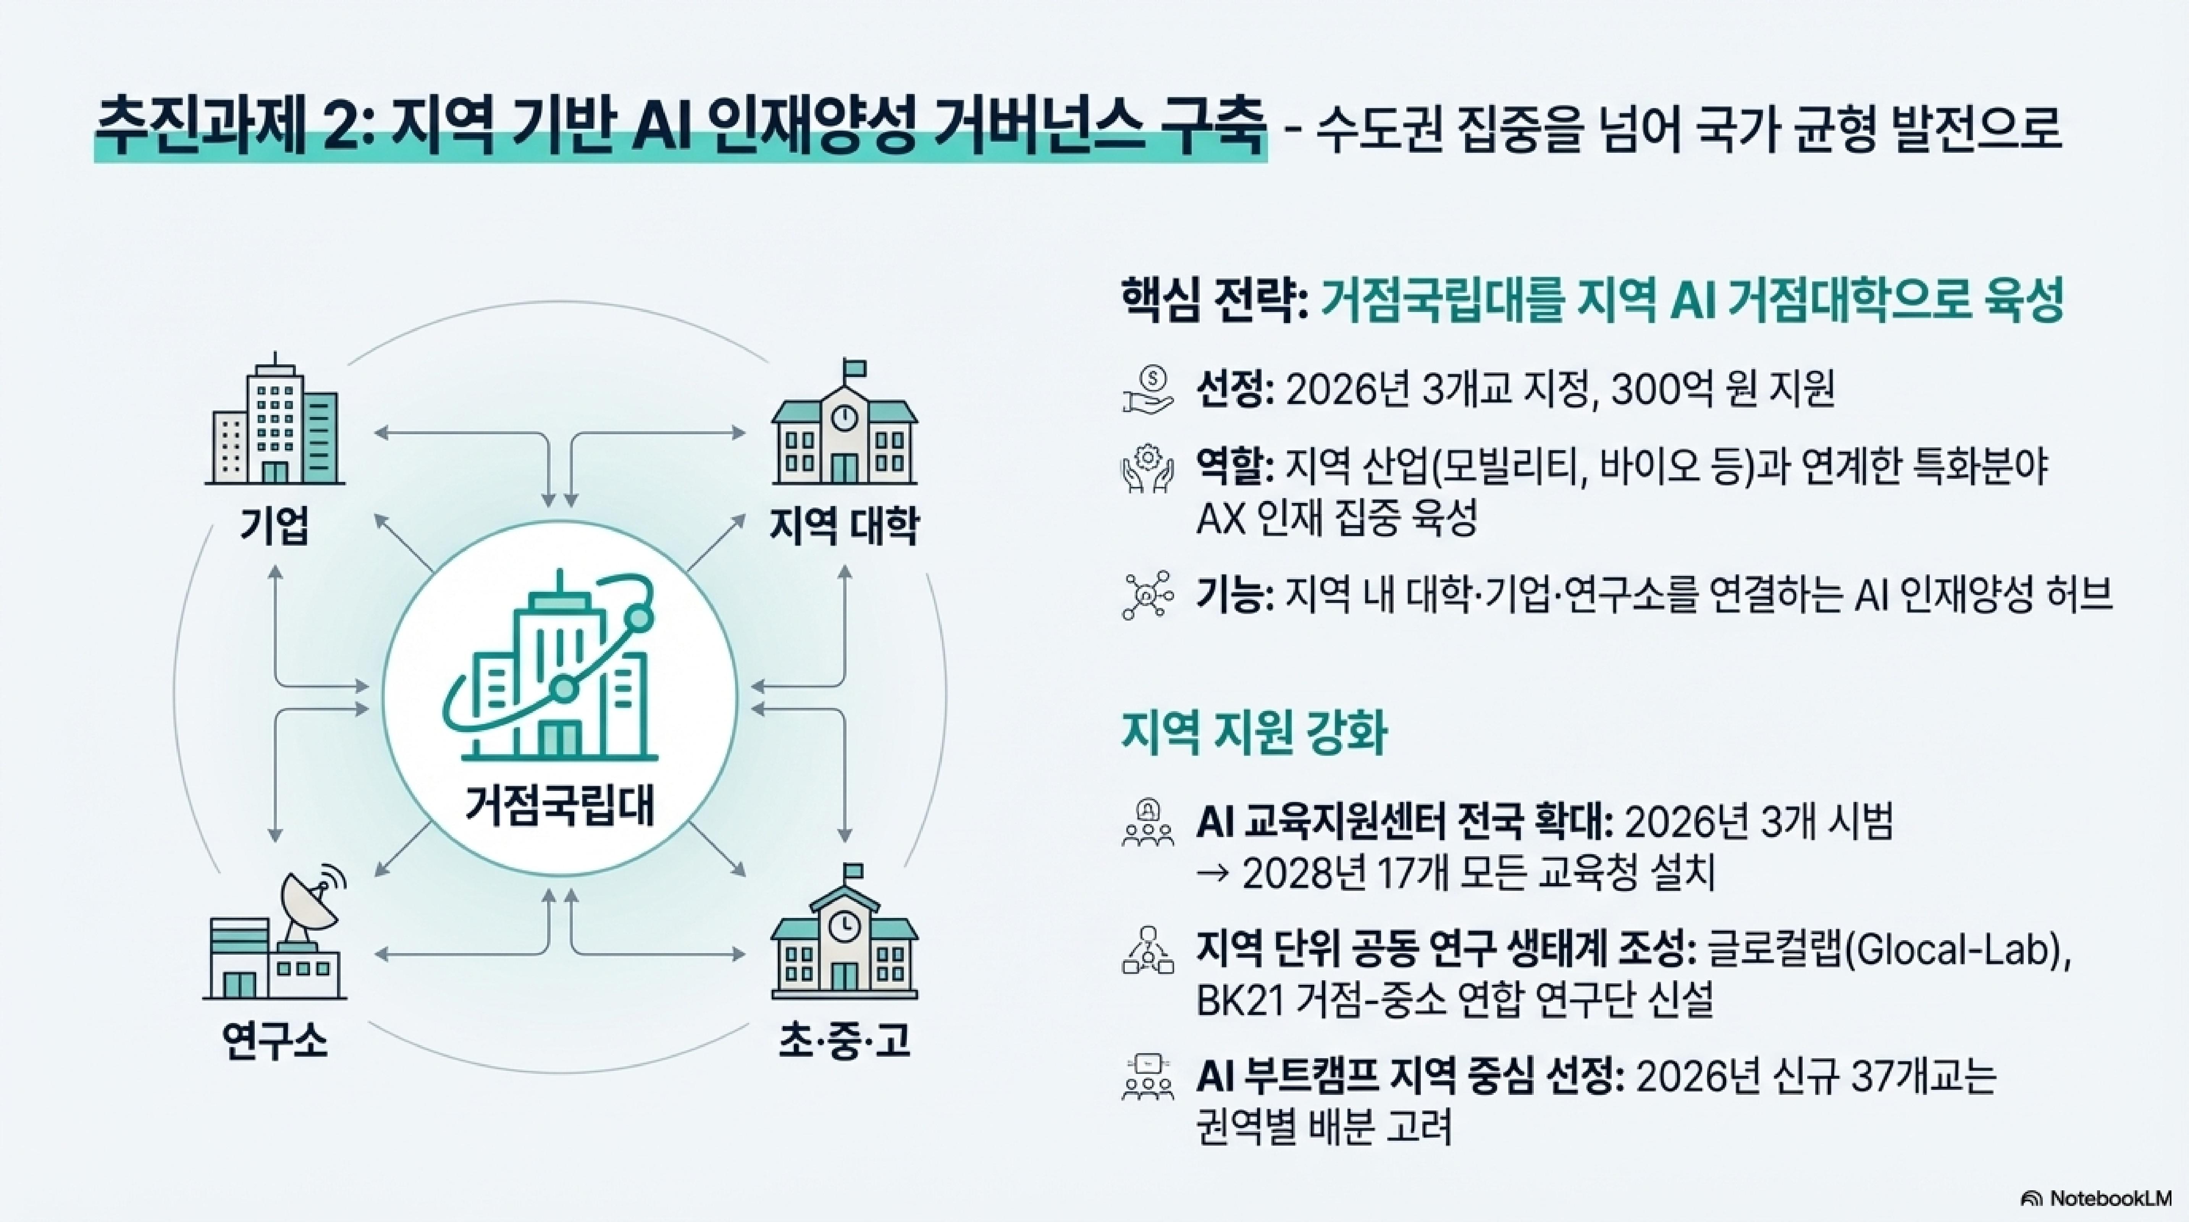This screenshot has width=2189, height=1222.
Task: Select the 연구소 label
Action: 274,1040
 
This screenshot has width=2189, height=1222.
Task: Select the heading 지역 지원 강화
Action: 1254,732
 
